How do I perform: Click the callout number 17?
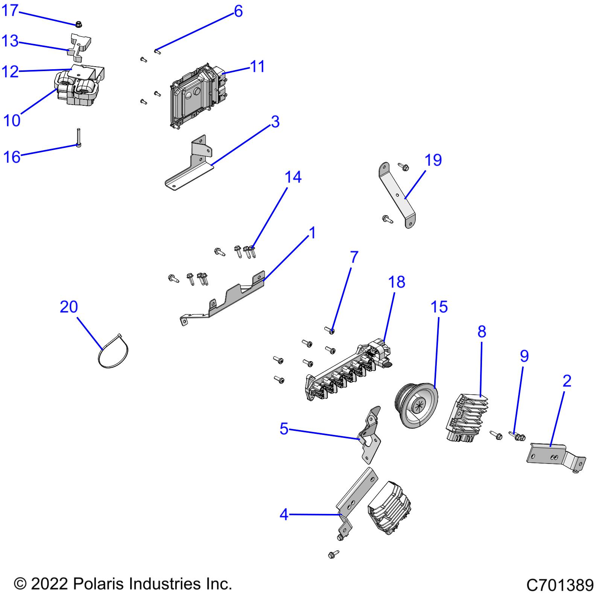[10, 11]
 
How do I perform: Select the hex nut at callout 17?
[79, 24]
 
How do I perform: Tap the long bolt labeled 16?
[79, 138]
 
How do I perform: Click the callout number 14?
[293, 177]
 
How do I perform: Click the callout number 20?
[69, 307]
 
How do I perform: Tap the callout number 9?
[524, 356]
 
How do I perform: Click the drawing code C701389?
[560, 585]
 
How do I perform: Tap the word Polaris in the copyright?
[99, 584]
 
